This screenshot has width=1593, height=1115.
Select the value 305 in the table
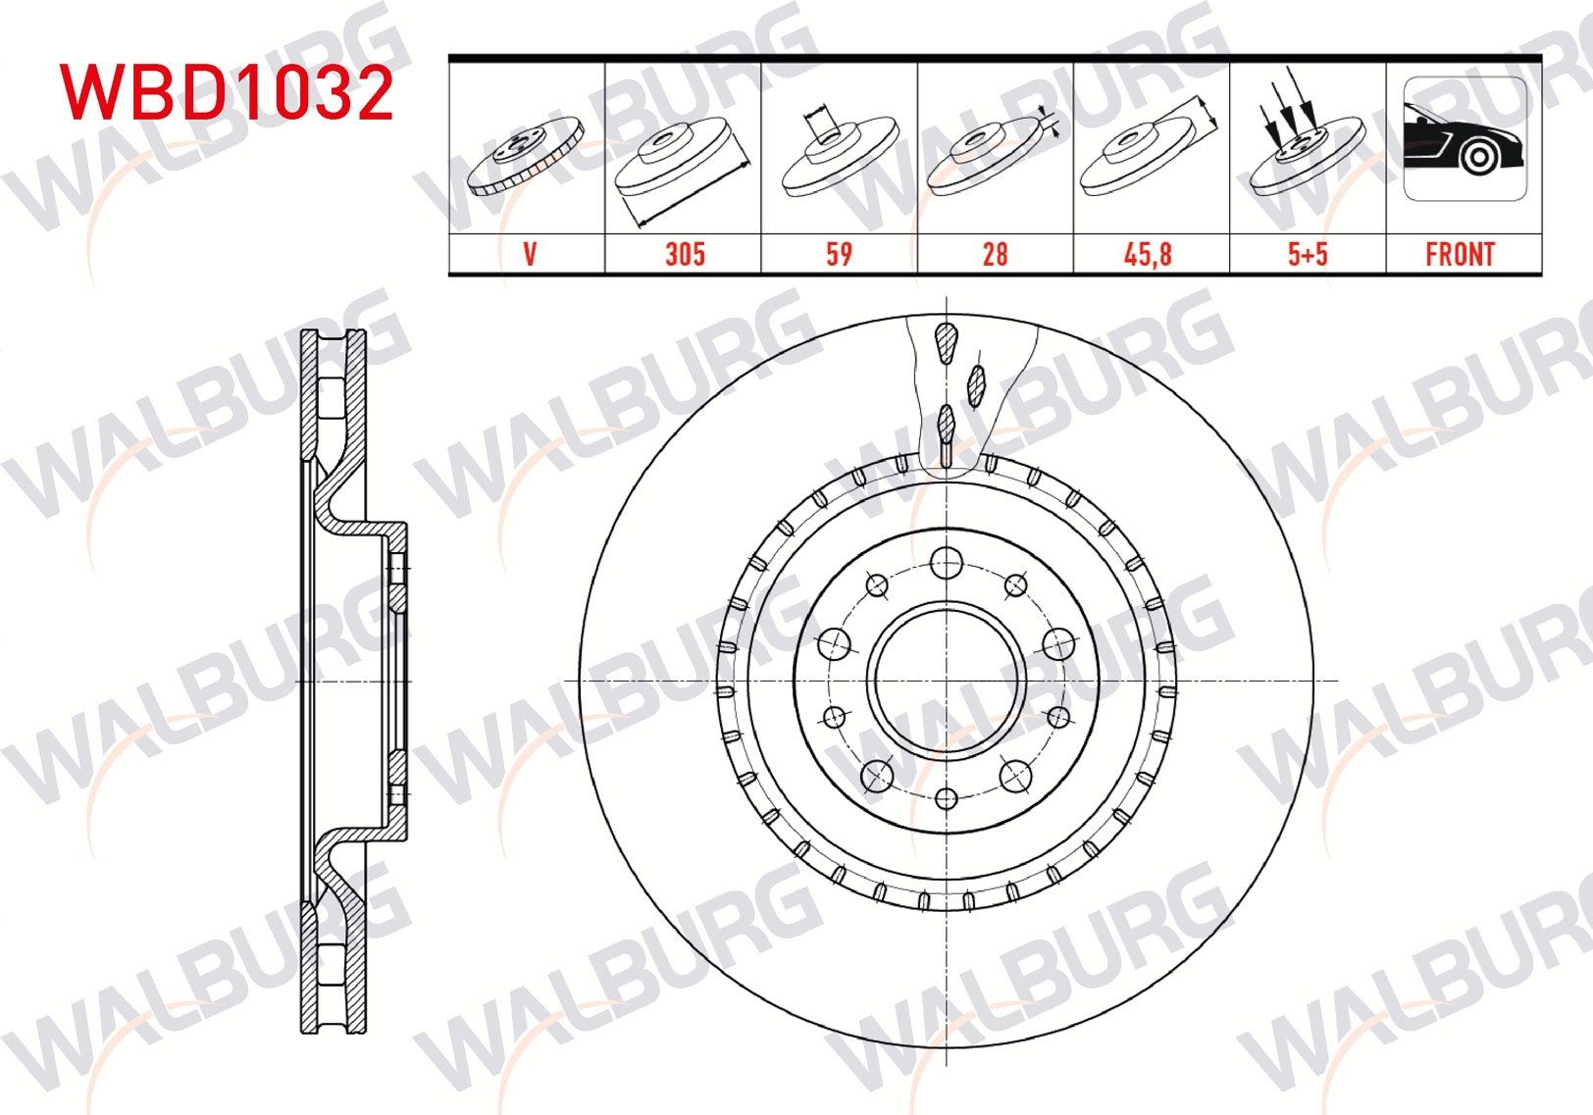click(685, 255)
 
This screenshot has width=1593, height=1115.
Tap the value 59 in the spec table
click(839, 255)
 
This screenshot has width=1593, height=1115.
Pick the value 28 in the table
click(995, 255)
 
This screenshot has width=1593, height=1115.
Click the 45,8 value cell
click(1148, 255)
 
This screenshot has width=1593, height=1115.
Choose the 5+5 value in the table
click(1308, 255)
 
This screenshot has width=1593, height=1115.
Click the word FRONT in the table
click(1460, 255)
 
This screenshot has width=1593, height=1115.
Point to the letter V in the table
click(530, 255)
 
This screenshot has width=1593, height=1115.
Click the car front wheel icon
click(1464, 139)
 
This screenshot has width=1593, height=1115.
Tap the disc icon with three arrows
click(1307, 147)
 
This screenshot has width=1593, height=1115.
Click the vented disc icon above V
click(526, 155)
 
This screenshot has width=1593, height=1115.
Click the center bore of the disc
click(947, 681)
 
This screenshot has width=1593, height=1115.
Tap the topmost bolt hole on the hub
click(947, 563)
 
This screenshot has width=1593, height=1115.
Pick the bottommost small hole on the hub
click(947, 797)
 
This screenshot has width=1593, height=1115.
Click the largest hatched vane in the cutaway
click(946, 342)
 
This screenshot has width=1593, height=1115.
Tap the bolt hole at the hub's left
click(835, 644)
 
